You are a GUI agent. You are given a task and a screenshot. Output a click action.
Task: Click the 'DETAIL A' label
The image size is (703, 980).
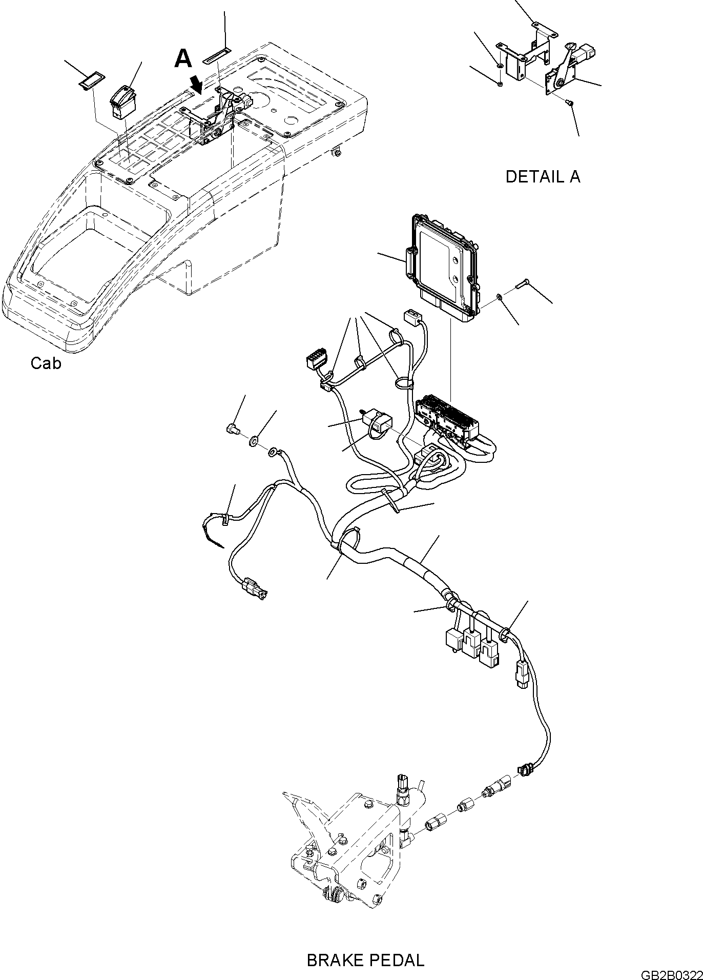pos(543,177)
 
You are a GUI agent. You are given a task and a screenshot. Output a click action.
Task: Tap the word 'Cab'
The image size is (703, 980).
pos(46,363)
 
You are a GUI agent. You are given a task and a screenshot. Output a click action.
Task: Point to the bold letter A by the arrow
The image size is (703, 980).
pos(183,58)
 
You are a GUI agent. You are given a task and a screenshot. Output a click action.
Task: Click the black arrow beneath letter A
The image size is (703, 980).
pos(197,83)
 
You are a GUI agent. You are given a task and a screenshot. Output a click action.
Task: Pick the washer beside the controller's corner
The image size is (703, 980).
pos(499,296)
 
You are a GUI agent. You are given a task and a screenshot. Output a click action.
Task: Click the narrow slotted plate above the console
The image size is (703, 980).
pos(217,55)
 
